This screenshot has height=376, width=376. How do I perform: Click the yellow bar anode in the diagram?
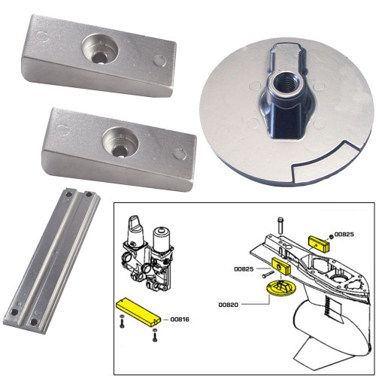pyautogui.click(x=136, y=310)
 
